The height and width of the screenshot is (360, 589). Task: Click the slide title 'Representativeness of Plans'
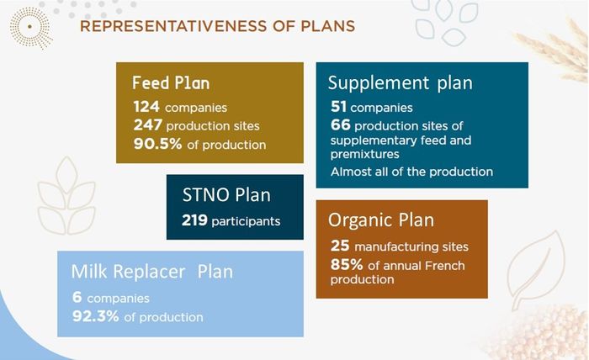tap(217, 26)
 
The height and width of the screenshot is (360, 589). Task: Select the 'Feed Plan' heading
tap(171, 83)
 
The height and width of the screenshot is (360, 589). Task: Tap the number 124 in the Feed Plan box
tap(146, 107)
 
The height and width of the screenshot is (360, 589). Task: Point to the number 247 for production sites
tap(148, 124)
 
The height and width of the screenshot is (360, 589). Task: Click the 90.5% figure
tap(158, 143)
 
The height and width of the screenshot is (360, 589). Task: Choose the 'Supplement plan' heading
tap(400, 83)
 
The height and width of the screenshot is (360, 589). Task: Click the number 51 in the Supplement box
tap(338, 107)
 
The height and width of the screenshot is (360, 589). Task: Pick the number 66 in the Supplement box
tap(340, 124)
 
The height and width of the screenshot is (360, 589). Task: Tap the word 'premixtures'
tap(364, 154)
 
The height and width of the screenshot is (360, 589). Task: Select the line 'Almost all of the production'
tap(411, 172)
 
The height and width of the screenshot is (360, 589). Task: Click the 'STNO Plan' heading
tap(226, 195)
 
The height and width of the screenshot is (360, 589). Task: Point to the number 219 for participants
tap(194, 220)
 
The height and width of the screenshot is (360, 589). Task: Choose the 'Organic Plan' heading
tap(381, 220)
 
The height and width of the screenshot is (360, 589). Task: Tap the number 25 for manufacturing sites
tap(340, 246)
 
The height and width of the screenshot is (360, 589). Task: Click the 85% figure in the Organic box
tap(347, 265)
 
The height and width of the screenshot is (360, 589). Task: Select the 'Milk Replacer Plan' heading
tap(152, 272)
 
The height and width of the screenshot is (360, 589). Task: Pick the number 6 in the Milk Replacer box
tap(77, 297)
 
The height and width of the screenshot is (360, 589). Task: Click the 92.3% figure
tap(96, 316)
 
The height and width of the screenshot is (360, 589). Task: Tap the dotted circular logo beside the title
tap(30, 28)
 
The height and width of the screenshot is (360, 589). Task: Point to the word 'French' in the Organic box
tap(445, 266)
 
